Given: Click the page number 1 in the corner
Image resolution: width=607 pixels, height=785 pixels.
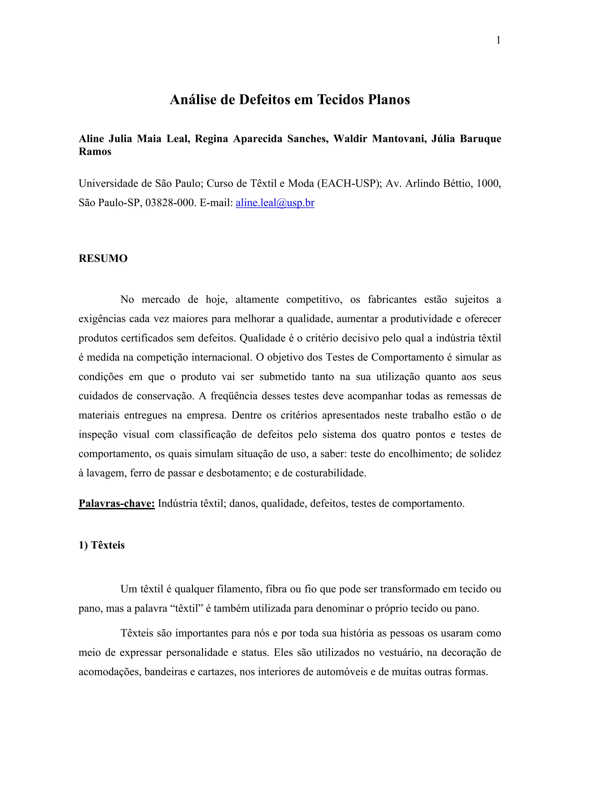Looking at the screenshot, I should coord(498,40).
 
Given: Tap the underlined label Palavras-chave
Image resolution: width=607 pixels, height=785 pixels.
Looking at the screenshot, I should coord(116,503).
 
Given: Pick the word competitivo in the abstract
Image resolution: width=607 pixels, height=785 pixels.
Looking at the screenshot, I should coord(314,299).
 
